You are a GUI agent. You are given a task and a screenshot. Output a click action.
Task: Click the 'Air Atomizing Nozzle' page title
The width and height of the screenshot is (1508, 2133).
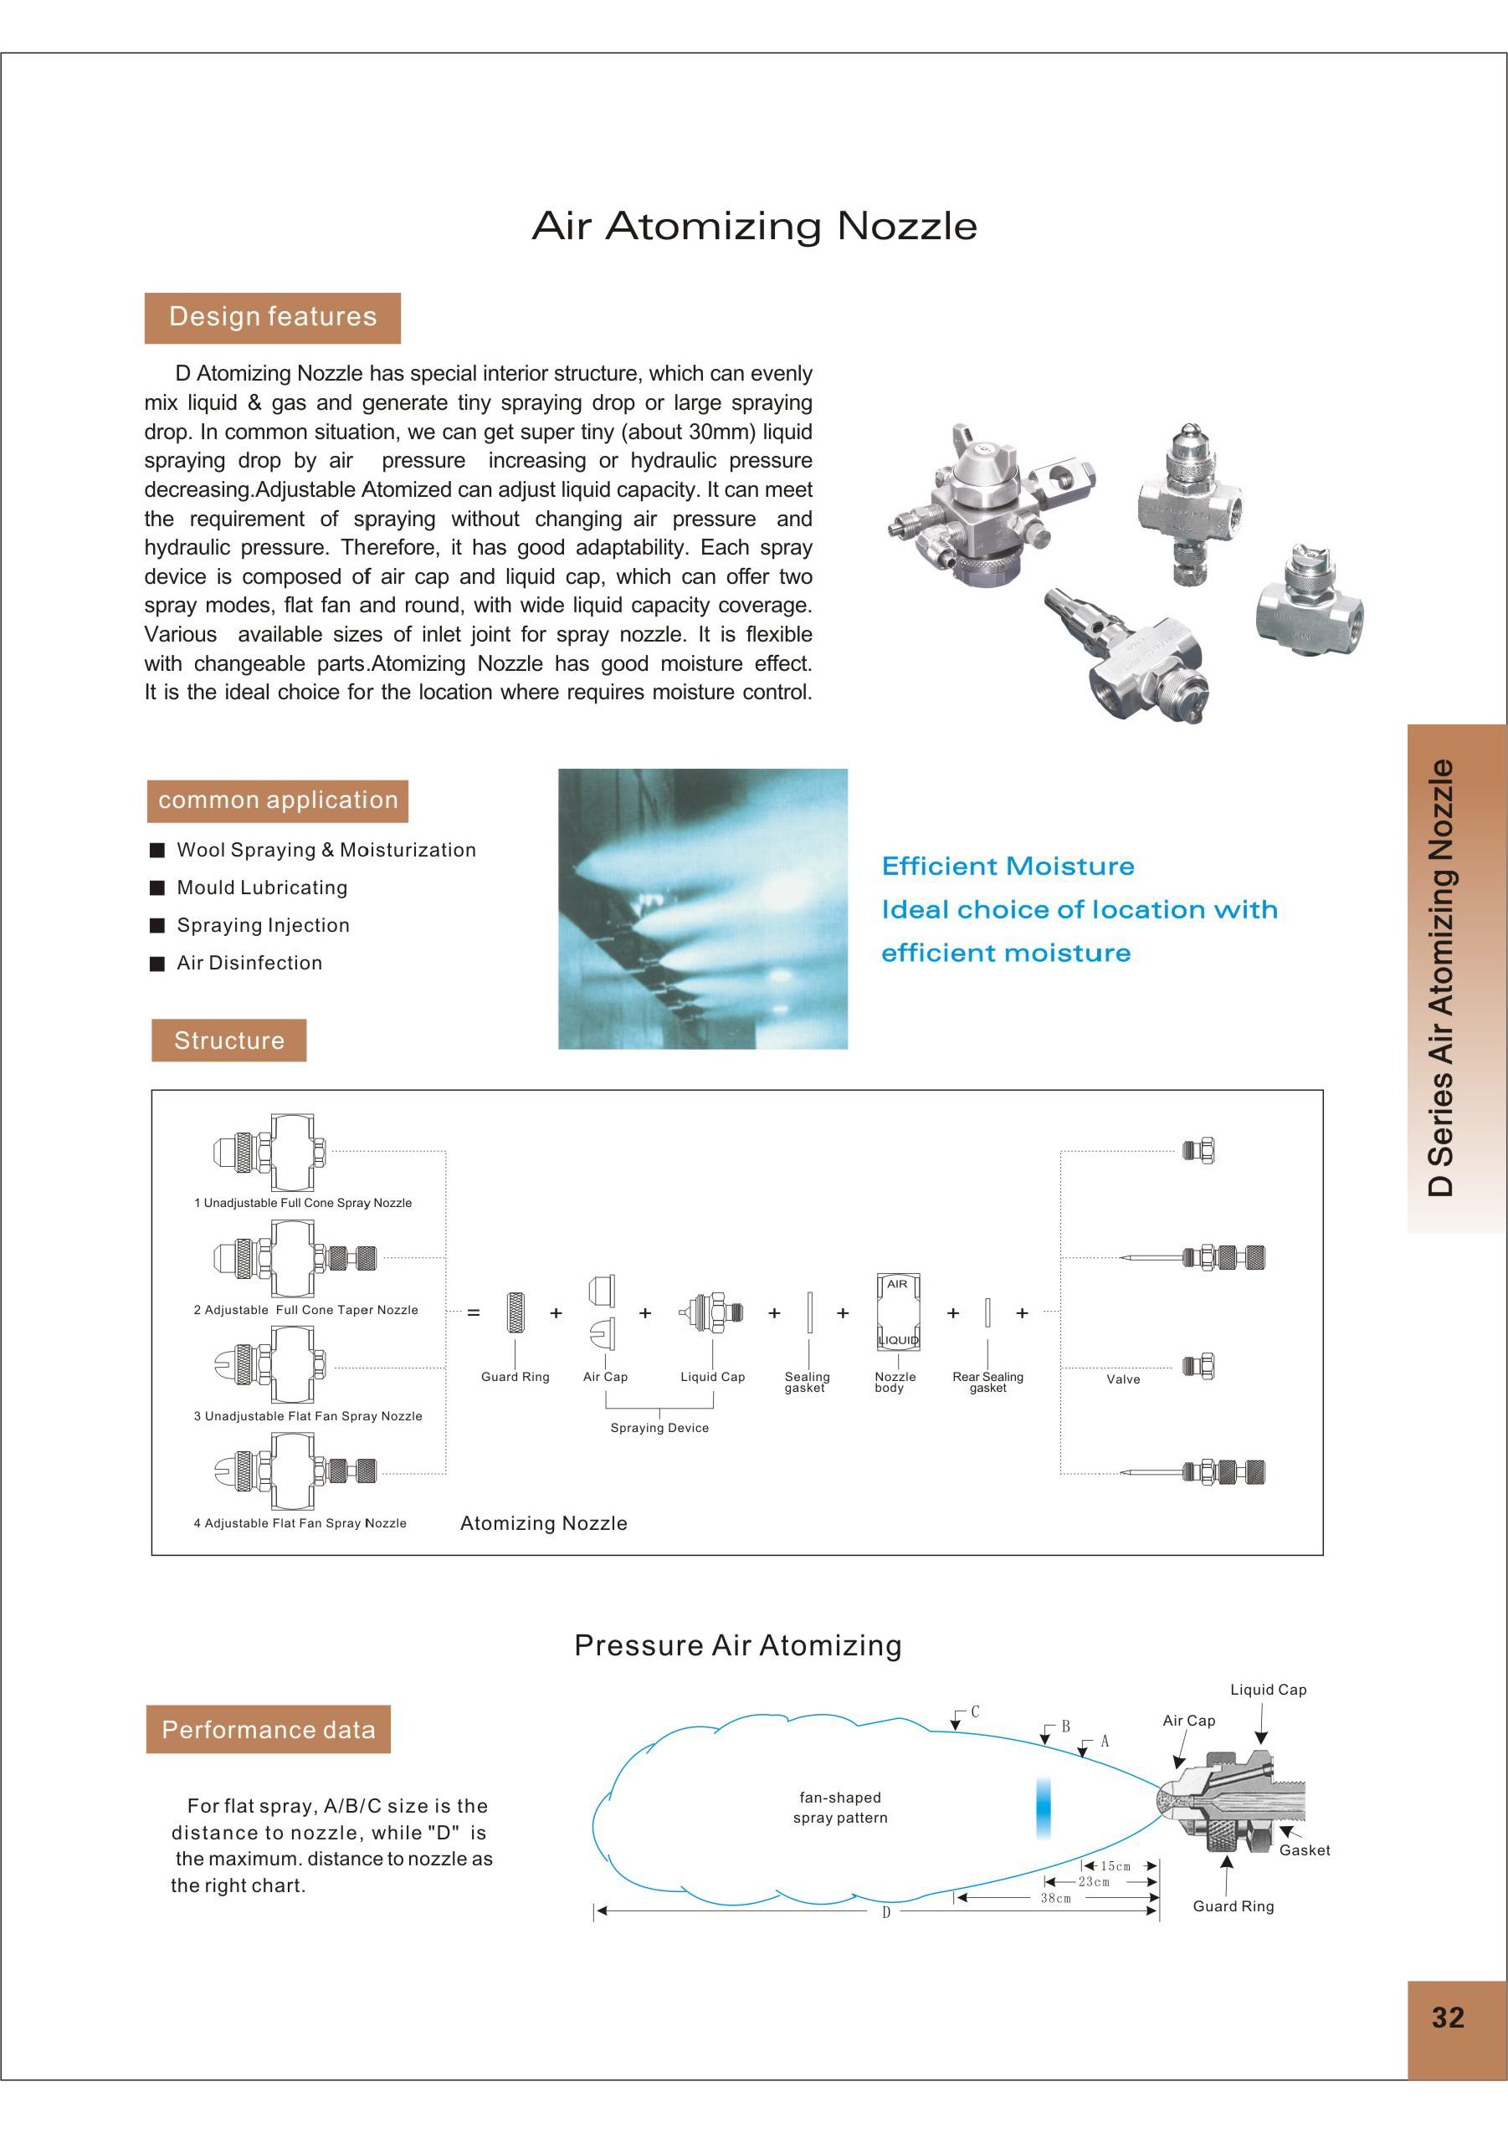click(x=753, y=226)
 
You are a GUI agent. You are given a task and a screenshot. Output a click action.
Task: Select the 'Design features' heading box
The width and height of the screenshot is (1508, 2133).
click(x=272, y=318)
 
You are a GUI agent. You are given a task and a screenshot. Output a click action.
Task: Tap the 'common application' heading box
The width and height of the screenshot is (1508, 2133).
click(x=277, y=801)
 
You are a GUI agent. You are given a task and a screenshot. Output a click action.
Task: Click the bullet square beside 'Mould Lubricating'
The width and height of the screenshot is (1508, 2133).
click(x=157, y=888)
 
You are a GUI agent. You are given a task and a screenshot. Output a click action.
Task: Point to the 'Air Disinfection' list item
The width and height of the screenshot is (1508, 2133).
click(x=249, y=964)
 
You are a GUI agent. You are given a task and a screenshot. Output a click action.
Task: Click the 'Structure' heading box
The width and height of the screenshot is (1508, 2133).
click(x=228, y=1041)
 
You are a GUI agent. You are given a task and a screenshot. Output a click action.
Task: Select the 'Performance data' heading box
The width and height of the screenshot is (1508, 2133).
click(x=268, y=1730)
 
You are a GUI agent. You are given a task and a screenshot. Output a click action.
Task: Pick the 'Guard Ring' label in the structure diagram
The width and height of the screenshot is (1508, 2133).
click(x=515, y=1377)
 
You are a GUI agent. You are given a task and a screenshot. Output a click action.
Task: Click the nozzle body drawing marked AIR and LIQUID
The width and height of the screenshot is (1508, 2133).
click(x=898, y=1312)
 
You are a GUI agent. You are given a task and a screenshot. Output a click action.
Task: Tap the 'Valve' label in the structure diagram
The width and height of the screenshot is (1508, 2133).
click(x=1122, y=1379)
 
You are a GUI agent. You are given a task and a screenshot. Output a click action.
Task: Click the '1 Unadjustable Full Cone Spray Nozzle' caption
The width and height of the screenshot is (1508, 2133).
click(x=303, y=1203)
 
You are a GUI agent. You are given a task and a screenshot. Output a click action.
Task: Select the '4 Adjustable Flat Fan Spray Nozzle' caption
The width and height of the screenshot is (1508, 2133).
click(x=300, y=1523)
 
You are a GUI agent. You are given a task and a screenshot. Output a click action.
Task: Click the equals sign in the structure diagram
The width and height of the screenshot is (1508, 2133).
click(x=474, y=1312)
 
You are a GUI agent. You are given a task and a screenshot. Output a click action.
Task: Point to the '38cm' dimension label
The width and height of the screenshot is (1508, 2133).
click(x=1055, y=1898)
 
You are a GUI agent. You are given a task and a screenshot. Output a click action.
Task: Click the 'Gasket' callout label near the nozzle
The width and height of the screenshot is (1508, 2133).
click(x=1304, y=1850)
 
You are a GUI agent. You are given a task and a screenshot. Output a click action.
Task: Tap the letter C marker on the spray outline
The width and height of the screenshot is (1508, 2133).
click(x=975, y=1711)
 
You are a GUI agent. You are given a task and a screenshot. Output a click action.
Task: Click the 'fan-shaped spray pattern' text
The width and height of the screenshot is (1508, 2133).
click(x=840, y=1808)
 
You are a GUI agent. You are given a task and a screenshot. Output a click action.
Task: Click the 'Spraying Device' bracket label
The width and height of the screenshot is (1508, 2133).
click(x=659, y=1428)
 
